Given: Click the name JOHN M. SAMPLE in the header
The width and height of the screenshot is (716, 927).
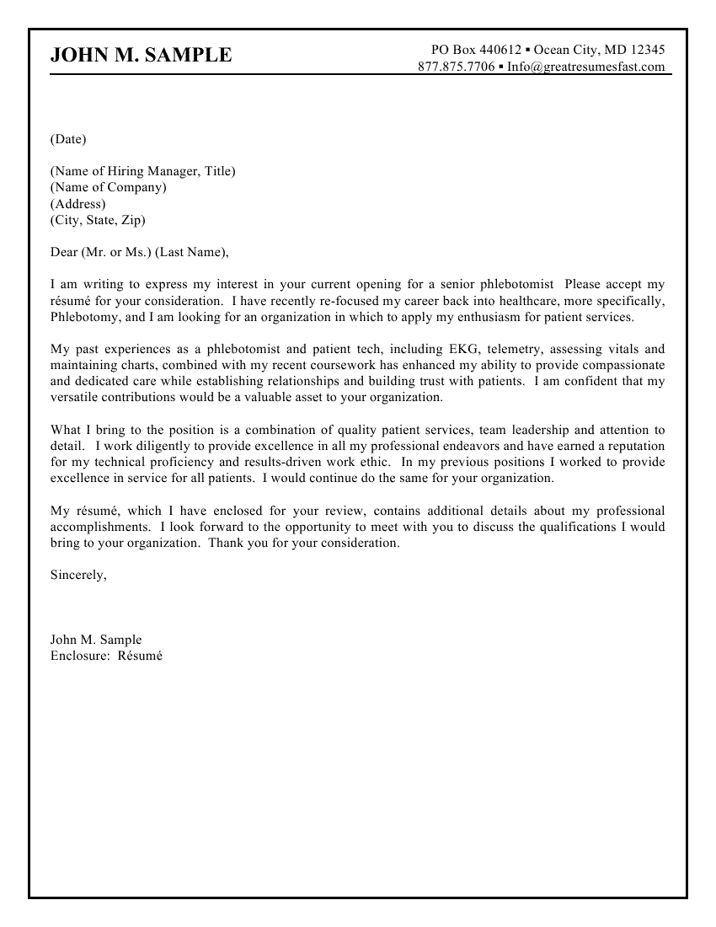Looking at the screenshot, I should tap(141, 56).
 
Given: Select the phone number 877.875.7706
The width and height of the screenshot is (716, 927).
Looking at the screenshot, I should tap(456, 67).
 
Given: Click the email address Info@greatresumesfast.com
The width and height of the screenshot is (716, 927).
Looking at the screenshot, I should tap(586, 67).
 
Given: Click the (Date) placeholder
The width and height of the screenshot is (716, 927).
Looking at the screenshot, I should tap(68, 138).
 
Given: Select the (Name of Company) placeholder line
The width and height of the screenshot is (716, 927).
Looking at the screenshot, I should tap(109, 187).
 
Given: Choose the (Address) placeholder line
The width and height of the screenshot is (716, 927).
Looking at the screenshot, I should tap(78, 204).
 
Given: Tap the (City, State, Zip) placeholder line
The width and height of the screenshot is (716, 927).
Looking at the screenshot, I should tap(98, 220).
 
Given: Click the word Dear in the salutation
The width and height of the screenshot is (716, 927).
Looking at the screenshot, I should tap(64, 252).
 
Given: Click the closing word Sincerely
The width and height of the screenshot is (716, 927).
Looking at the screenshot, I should tap(78, 575).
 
